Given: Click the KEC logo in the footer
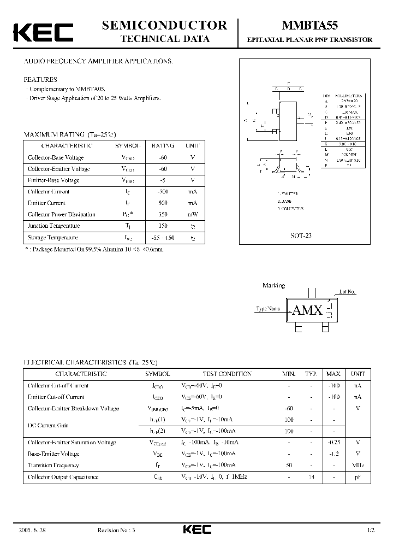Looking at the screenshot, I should [196, 530].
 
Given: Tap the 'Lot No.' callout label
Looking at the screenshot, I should [347, 292].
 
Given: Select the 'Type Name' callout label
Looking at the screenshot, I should [268, 309].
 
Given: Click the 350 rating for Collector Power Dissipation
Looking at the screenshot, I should [163, 214].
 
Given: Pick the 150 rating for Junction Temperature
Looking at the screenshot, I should [163, 226].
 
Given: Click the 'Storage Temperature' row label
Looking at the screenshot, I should [53, 237].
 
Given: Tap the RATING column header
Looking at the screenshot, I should [163, 146].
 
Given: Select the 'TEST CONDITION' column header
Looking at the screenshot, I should [227, 374].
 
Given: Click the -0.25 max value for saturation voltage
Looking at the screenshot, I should [334, 443].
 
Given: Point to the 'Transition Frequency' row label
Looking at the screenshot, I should [53, 466].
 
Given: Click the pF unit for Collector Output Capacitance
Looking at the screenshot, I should [358, 477].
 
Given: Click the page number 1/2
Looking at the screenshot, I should [371, 530].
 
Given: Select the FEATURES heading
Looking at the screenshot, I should [40, 79].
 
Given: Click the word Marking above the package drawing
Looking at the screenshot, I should [273, 285].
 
